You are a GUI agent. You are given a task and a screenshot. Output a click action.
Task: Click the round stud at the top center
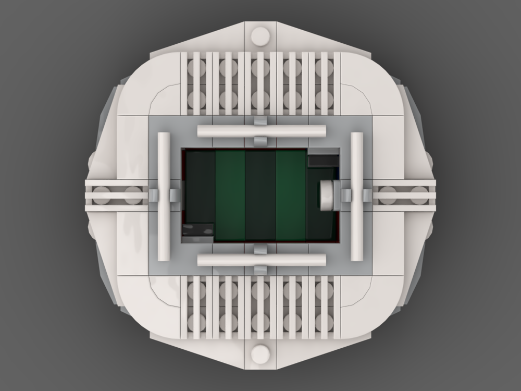(260, 36)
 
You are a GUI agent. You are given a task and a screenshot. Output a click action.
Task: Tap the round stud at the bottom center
(260, 354)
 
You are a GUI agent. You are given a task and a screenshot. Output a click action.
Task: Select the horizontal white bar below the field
(260, 260)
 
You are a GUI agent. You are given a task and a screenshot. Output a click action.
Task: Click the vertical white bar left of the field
(164, 195)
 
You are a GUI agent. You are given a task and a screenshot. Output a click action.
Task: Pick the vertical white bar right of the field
(357, 195)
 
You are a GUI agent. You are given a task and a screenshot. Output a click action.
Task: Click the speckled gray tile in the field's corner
(197, 230)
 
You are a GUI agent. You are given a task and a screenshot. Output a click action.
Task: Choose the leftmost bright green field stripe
(230, 195)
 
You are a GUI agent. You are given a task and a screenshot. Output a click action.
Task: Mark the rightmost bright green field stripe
(291, 195)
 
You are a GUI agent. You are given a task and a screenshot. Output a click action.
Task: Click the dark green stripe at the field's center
(260, 195)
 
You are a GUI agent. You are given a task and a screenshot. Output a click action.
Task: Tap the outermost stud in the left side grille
(102, 195)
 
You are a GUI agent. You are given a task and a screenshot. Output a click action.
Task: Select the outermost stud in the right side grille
(419, 195)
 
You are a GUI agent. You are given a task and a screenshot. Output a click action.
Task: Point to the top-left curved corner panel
(148, 83)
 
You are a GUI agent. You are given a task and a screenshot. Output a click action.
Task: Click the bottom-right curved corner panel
(373, 308)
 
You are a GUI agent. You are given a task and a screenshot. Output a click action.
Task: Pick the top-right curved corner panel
(373, 83)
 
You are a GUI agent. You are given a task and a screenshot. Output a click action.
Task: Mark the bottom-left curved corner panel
(148, 308)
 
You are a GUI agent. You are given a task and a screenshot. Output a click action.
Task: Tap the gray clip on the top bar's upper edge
(260, 121)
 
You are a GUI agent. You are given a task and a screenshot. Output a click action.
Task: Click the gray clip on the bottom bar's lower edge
(260, 270)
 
